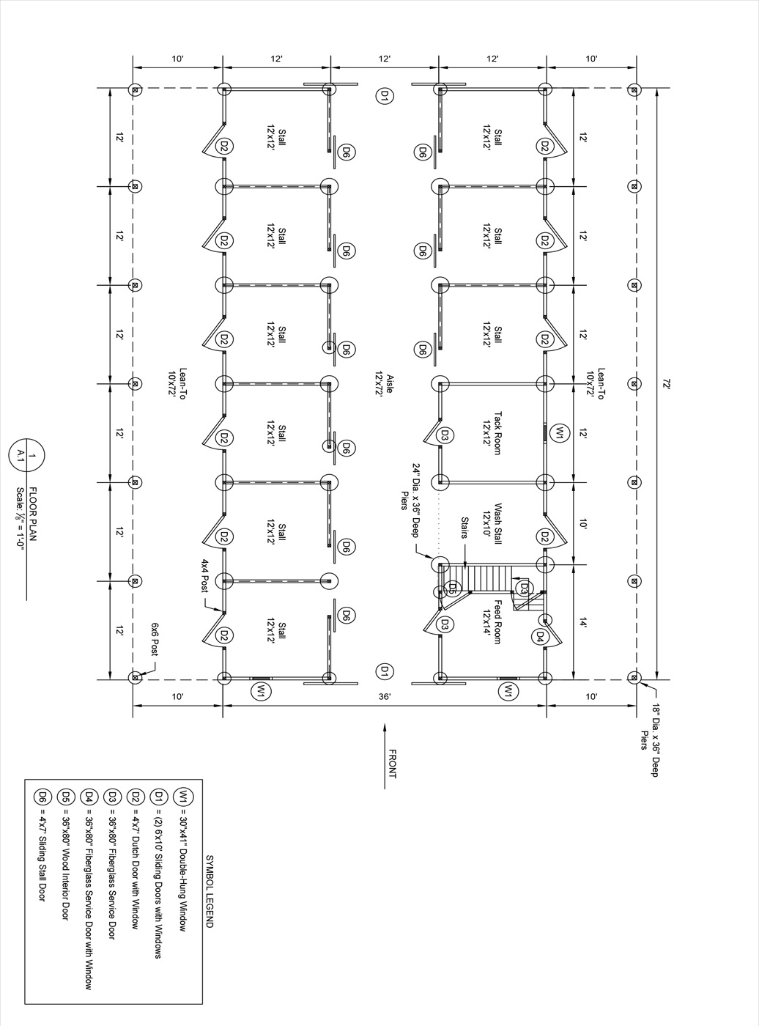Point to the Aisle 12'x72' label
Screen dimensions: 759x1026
click(384, 383)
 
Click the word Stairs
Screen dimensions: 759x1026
click(464, 528)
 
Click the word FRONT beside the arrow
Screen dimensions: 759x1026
click(393, 764)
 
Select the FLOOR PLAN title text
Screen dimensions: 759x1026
click(33, 513)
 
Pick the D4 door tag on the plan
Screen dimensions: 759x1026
click(539, 638)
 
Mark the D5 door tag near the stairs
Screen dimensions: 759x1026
click(452, 588)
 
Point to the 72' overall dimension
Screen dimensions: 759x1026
click(666, 383)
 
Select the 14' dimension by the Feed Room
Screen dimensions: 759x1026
click(582, 624)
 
